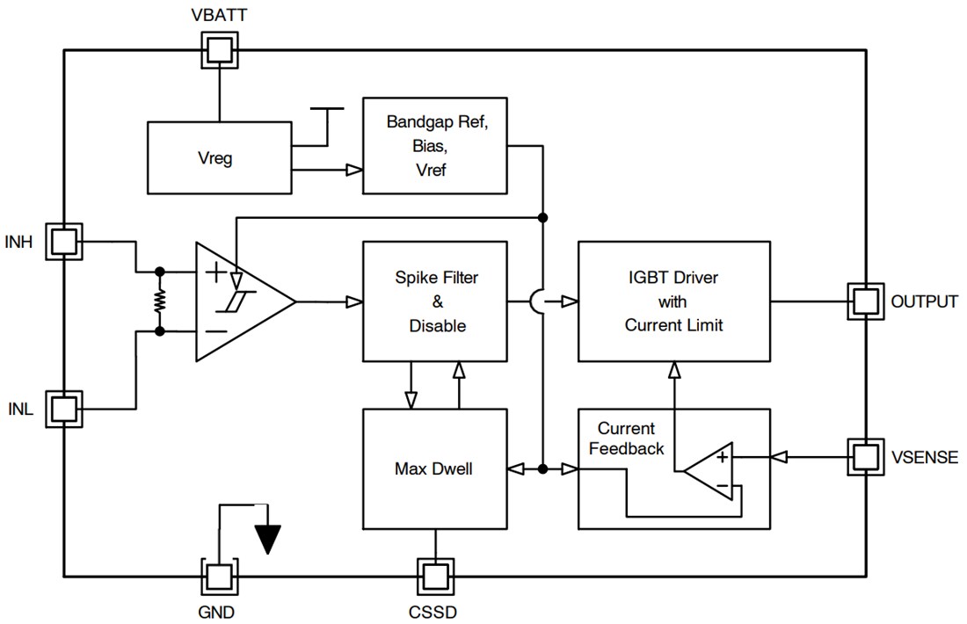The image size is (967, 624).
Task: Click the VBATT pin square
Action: point(219,50)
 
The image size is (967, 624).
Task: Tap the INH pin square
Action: point(64,241)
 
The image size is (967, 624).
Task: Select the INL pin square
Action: point(64,409)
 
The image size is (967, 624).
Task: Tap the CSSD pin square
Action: point(435,576)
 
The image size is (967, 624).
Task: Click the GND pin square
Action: point(219,576)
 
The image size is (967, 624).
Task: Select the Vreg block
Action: point(218,158)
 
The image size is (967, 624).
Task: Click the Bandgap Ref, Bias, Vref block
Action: point(435,146)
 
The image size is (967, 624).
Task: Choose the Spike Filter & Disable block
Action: point(435,301)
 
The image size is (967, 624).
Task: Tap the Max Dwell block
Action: point(435,468)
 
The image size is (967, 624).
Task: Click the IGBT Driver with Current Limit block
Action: point(673,301)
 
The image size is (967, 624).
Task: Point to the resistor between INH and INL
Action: point(160,301)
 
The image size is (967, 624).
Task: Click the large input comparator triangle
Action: point(237,301)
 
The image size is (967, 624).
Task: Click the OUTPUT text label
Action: point(924,301)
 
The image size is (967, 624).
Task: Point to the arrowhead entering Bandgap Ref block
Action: point(354,171)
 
